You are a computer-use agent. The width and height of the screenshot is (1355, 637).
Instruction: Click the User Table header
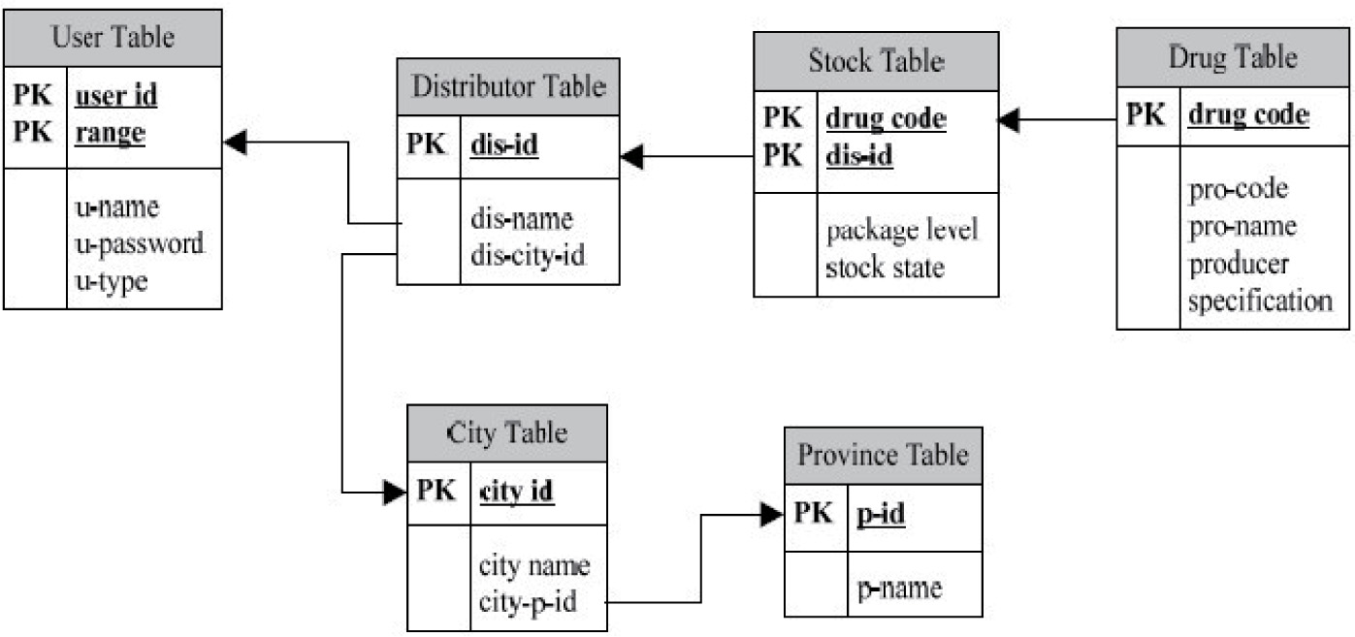113,38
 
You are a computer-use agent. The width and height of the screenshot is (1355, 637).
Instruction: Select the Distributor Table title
508,86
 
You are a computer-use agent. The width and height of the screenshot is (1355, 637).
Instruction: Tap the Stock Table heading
876,61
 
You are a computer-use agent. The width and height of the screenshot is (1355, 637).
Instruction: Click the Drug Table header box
1233,57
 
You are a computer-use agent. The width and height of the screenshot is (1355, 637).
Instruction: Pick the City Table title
507,432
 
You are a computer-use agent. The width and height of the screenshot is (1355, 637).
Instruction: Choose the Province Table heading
883,455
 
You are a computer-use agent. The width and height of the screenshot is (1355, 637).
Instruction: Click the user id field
116,95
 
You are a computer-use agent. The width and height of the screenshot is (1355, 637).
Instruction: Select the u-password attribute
139,242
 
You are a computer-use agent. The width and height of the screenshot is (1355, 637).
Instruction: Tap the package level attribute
902,231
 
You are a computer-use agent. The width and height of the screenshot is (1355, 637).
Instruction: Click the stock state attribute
884,266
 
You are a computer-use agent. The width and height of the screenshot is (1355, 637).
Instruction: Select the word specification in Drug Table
1259,301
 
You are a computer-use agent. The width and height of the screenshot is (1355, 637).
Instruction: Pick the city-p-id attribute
528,601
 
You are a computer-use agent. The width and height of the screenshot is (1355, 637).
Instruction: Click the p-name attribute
899,587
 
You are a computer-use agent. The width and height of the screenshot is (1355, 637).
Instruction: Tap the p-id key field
881,515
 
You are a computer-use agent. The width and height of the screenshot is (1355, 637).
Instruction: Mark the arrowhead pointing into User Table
234,143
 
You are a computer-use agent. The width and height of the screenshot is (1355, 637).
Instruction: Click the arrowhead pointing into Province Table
772,515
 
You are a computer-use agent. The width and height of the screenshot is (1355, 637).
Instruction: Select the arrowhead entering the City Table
395,493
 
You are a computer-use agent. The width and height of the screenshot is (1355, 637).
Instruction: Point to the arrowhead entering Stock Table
1010,120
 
